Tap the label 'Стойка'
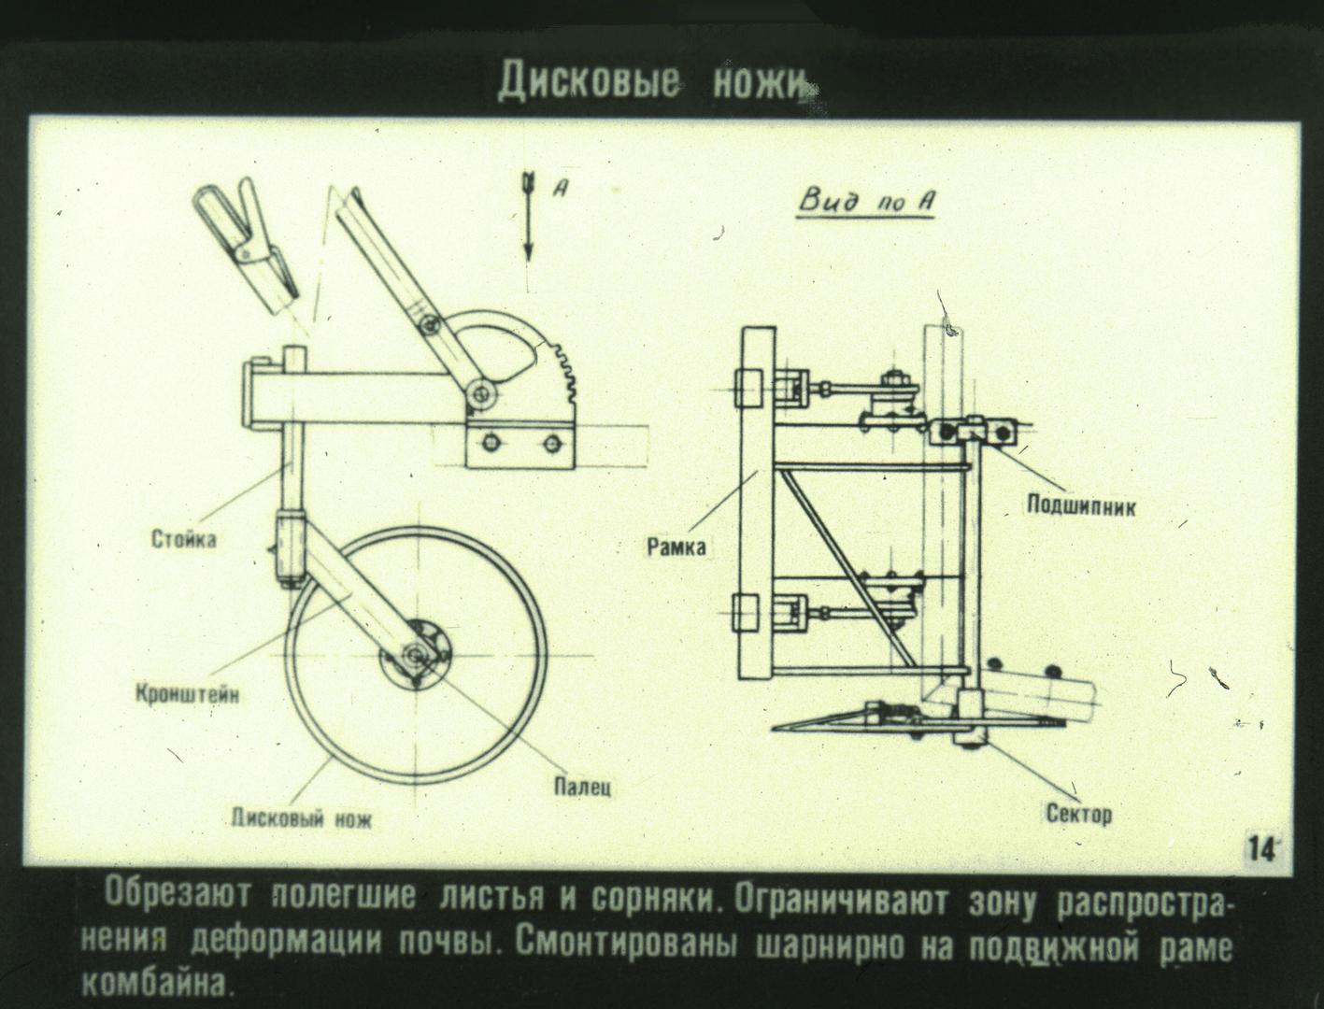coord(183,538)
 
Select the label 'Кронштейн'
coord(187,694)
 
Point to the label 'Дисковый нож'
coord(302,819)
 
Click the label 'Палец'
coord(582,787)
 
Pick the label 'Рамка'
coord(676,547)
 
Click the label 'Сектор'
coord(1078,816)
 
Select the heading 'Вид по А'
coord(866,201)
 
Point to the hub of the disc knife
coord(415,654)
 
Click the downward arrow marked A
coord(529,217)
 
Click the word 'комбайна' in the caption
coord(157,986)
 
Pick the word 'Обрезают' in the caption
coord(178,894)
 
